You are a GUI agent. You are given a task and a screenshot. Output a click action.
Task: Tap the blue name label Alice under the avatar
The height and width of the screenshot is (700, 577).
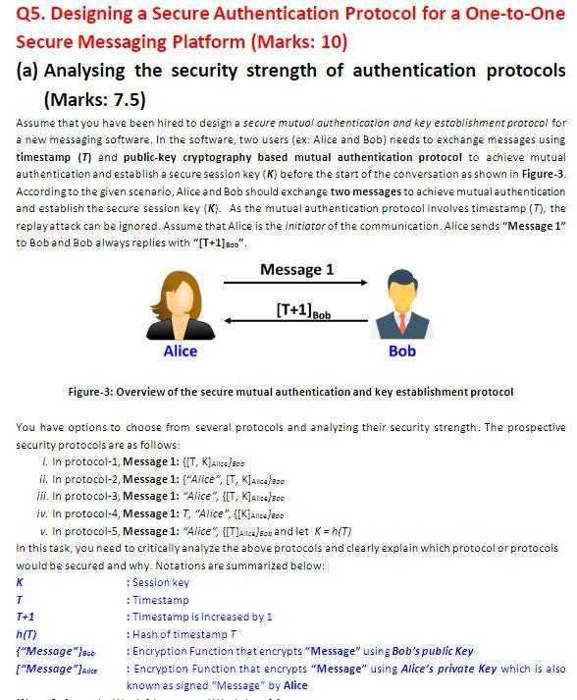(x=180, y=351)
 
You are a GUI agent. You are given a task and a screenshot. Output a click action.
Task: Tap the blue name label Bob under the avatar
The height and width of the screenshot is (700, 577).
(x=401, y=351)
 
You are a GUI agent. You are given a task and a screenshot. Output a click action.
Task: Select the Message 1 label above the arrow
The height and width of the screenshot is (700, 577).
(x=296, y=269)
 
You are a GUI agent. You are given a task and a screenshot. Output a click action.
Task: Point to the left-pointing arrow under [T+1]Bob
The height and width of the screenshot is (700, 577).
(x=296, y=321)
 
